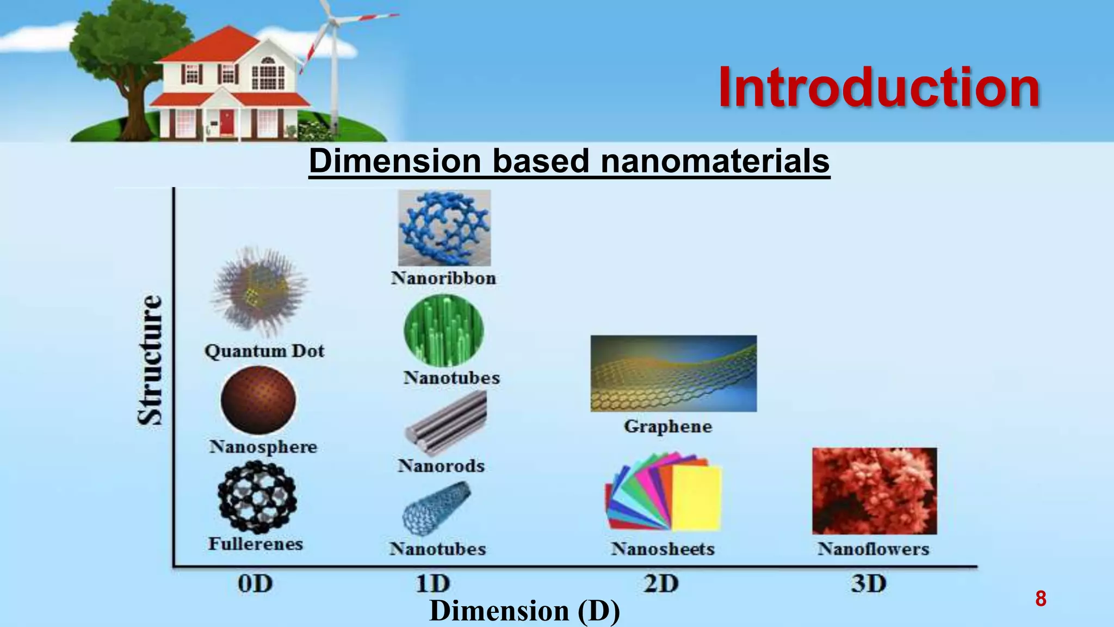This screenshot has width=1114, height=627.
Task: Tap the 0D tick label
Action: click(x=255, y=584)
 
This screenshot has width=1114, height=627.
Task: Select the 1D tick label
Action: click(x=433, y=584)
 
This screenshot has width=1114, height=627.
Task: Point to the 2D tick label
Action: click(x=661, y=584)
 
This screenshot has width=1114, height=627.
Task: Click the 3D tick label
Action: click(x=869, y=584)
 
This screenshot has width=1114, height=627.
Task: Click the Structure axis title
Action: click(x=150, y=360)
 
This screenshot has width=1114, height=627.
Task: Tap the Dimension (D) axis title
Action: click(x=524, y=611)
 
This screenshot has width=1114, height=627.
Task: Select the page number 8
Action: click(x=1040, y=599)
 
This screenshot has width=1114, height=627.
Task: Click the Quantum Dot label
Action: click(x=264, y=351)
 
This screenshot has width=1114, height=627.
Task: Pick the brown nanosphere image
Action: click(x=258, y=400)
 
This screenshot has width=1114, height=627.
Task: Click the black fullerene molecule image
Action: click(x=257, y=496)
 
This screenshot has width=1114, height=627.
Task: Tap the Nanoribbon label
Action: click(x=443, y=278)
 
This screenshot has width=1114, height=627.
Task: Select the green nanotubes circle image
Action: click(x=443, y=330)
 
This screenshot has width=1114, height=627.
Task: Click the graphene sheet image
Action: click(x=673, y=373)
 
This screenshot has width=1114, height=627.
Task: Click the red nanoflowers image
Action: click(x=874, y=491)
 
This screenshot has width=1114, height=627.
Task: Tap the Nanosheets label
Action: click(x=663, y=549)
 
